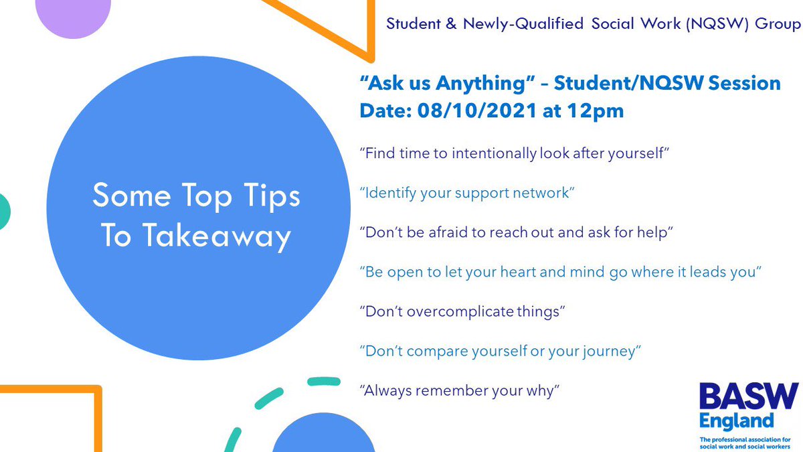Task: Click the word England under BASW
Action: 736,421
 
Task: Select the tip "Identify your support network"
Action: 467,194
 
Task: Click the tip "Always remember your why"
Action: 459,390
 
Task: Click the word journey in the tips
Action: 606,351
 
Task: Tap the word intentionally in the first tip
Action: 494,154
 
